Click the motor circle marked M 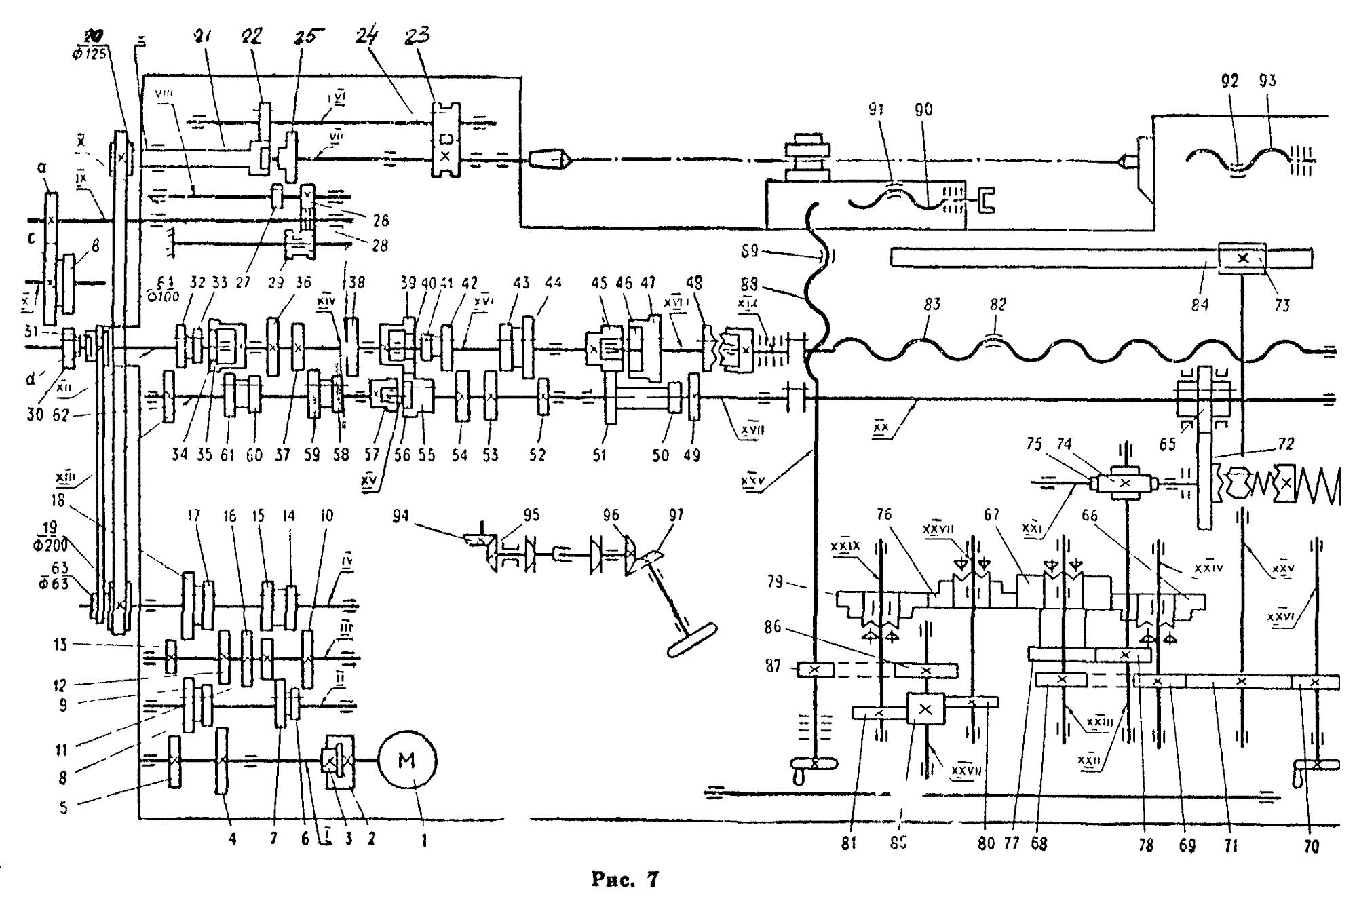[x=406, y=761]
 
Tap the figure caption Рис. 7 [x=625, y=880]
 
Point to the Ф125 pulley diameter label [x=89, y=53]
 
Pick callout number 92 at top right [x=1229, y=81]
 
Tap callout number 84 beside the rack [x=1200, y=305]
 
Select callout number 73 [x=1281, y=305]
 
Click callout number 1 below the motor [x=424, y=841]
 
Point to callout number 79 [x=774, y=581]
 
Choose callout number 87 [x=773, y=666]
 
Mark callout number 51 [x=598, y=454]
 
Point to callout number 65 [x=1167, y=444]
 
